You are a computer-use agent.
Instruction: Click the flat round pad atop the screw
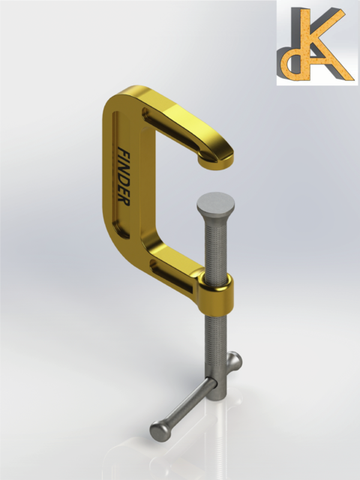click(x=216, y=202)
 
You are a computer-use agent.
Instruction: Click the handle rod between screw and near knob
click(x=187, y=405)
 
